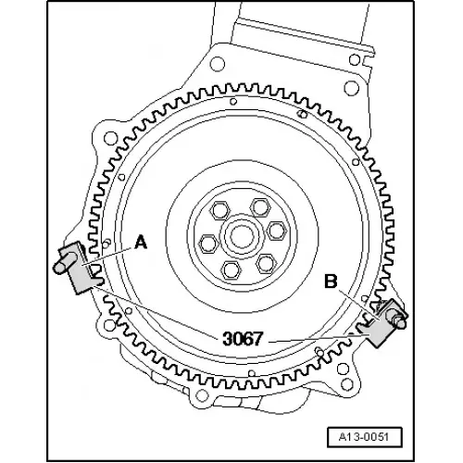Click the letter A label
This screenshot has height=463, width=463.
tap(141, 243)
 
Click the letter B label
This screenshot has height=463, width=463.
tap(331, 278)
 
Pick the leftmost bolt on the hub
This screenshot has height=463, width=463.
tap(208, 243)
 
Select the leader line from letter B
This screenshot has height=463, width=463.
tap(356, 298)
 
